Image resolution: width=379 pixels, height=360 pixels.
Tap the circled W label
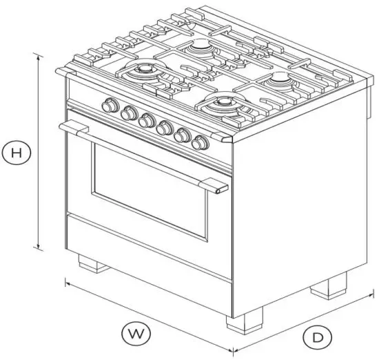point(137,334)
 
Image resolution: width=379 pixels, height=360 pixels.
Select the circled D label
point(316,337)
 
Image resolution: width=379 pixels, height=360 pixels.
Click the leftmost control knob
point(109,106)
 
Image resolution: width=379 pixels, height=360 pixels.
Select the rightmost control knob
point(201,143)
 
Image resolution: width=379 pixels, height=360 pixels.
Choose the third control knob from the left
point(145,121)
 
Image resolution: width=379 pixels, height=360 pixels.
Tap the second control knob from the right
point(183,136)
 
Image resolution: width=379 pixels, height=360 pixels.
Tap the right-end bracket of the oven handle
point(219,188)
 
